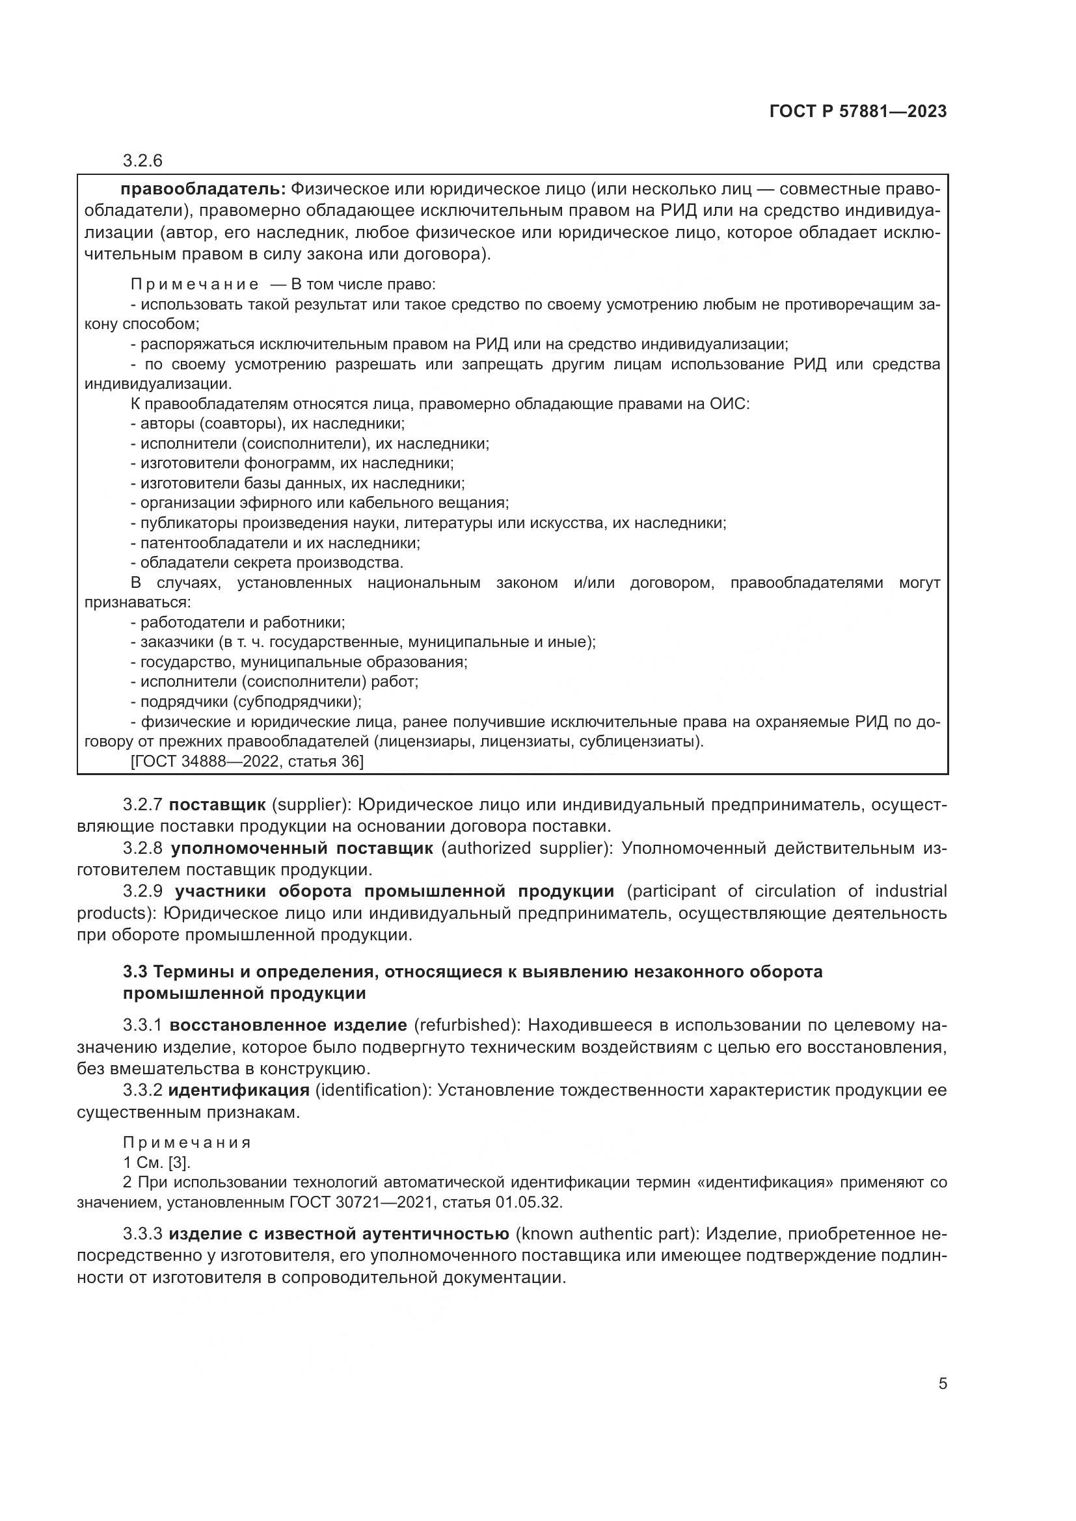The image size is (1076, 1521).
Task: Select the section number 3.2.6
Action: tap(142, 161)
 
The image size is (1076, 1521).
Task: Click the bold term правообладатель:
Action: tap(203, 189)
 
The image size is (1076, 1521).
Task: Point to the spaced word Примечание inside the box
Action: tap(194, 285)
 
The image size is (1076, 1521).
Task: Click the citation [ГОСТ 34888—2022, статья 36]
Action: tap(247, 762)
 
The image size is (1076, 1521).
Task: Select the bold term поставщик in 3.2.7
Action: tap(217, 805)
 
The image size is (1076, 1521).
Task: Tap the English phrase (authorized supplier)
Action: tap(527, 848)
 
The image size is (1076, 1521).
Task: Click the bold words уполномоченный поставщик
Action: tap(301, 848)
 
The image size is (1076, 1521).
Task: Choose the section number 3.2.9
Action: tap(142, 891)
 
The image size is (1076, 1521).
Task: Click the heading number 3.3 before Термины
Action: tap(135, 972)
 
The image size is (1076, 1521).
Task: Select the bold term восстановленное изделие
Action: tap(288, 1025)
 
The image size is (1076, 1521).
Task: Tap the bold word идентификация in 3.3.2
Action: tap(239, 1090)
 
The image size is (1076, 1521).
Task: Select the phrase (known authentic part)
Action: tap(606, 1234)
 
